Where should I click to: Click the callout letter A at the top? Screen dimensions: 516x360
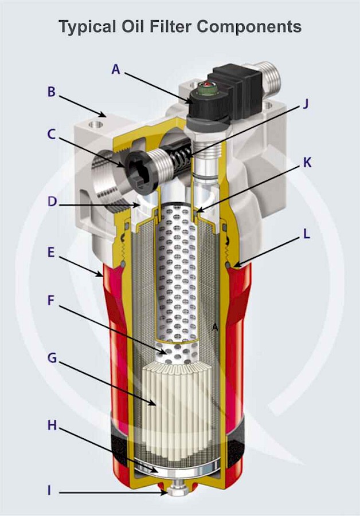tap(116, 69)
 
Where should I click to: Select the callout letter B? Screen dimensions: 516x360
tap(51, 92)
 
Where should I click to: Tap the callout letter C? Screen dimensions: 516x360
tap(51, 135)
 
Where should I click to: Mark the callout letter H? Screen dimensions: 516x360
tap(51, 426)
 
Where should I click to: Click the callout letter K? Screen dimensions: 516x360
tap(308, 163)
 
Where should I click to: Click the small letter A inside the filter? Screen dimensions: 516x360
tap(215, 327)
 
